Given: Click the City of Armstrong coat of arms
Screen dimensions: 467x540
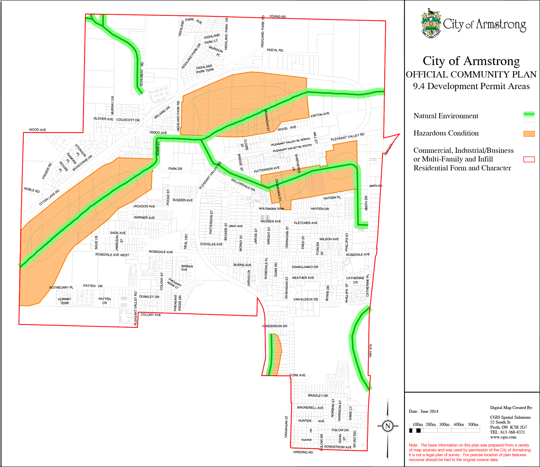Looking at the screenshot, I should click(431, 24).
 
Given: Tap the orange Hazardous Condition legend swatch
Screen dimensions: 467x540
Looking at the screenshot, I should click(529, 134).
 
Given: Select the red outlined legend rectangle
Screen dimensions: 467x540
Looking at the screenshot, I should click(529, 159).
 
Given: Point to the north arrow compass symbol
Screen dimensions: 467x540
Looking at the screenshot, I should click(388, 426).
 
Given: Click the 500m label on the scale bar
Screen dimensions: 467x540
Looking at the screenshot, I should click(473, 425).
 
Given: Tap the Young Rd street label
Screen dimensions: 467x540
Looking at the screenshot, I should click(277, 16).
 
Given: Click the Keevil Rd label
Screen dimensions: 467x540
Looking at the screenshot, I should click(275, 50).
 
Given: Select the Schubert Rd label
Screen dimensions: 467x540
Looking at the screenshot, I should click(142, 74).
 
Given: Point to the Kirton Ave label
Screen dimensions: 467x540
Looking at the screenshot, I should click(320, 115).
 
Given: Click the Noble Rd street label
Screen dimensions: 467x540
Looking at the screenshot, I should click(32, 190).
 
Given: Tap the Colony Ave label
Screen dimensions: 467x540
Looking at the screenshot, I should click(151, 315).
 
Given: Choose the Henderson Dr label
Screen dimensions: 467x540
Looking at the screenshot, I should click(275, 326).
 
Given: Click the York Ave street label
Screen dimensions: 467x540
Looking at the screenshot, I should click(298, 375).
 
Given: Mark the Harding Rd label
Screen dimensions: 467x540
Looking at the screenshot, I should click(303, 452).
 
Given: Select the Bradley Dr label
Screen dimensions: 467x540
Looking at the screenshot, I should click(318, 395).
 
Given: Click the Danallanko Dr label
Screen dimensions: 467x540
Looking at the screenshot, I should click(305, 267).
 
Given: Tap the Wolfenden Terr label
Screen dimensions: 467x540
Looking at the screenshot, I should click(271, 209).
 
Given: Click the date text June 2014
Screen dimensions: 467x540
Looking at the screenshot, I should click(423, 411).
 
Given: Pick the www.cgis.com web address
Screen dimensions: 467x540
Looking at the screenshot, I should click(503, 437).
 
